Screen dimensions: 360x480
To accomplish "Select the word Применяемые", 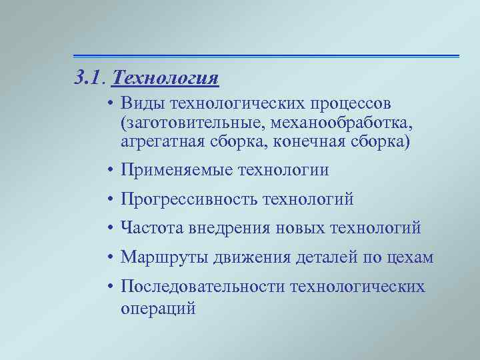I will (x=176, y=171).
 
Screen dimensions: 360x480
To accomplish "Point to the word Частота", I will (x=150, y=229).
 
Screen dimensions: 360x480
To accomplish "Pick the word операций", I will (x=158, y=309).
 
